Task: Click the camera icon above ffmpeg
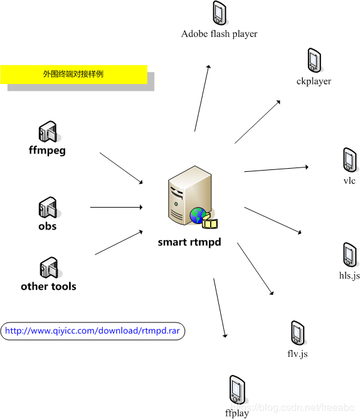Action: (x=48, y=131)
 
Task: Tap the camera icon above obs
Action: (x=48, y=208)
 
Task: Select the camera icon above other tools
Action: (x=49, y=267)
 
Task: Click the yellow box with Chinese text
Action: (x=74, y=74)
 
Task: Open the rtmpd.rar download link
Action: (x=92, y=331)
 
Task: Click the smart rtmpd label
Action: (x=189, y=242)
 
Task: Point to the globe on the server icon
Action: (x=198, y=215)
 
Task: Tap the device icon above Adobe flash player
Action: (x=220, y=13)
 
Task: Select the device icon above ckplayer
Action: (x=314, y=60)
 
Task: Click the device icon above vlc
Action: (x=350, y=160)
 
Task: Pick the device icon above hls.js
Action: (x=350, y=255)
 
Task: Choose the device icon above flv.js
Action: (x=298, y=332)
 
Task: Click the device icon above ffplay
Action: (x=237, y=390)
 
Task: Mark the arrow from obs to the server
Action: (x=116, y=207)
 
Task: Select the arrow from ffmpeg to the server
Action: (x=121, y=168)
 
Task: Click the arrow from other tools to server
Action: (x=119, y=243)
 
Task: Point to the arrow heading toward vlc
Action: (x=276, y=169)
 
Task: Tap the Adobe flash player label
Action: (x=219, y=34)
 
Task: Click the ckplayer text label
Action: (x=314, y=82)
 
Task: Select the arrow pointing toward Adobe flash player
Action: (x=203, y=98)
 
